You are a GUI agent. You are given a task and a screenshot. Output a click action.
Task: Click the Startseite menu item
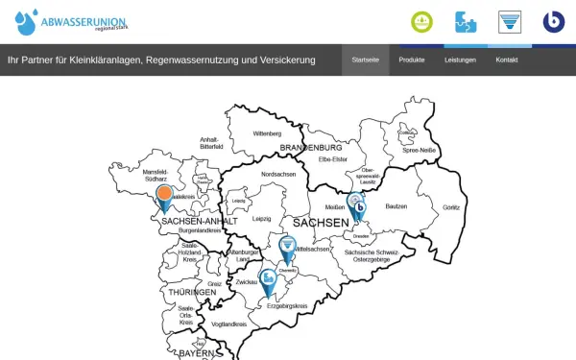(x=365, y=60)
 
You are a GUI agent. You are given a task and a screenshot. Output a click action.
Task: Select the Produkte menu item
(x=412, y=60)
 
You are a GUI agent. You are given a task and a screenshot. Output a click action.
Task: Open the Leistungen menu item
(x=460, y=60)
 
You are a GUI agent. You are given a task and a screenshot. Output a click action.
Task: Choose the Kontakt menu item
(x=507, y=60)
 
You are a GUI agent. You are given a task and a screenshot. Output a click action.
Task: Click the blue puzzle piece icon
(x=467, y=21)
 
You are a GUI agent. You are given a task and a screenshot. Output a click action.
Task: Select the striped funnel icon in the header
(x=510, y=21)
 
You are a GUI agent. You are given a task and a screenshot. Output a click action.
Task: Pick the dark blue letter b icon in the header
(x=553, y=21)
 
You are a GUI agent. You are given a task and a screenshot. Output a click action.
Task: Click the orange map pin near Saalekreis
(x=165, y=195)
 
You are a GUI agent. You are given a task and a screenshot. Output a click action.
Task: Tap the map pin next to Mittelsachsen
(x=287, y=248)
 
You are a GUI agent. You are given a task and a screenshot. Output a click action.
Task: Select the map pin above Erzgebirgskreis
(x=269, y=278)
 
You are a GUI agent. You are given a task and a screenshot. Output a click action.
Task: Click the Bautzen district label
(x=396, y=206)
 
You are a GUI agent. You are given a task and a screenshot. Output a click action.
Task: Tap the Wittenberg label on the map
(x=266, y=133)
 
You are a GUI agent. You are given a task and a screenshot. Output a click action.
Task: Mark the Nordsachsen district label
(x=278, y=175)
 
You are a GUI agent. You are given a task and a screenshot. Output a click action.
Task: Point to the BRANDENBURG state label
(x=311, y=146)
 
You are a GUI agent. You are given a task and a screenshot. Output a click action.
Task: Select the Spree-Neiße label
(x=419, y=151)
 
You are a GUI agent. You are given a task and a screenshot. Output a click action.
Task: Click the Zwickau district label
(x=246, y=282)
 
